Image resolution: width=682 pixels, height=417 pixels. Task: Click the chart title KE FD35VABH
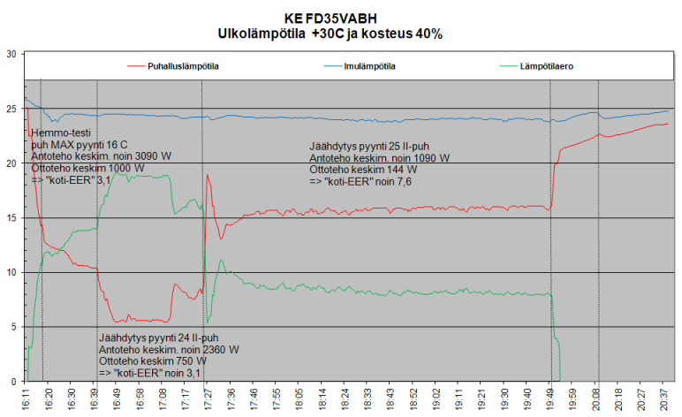pyautogui.click(x=330, y=19)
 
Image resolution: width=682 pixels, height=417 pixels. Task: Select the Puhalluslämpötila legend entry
pyautogui.click(x=173, y=66)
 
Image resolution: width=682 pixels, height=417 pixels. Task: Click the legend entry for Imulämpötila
pyautogui.click(x=360, y=66)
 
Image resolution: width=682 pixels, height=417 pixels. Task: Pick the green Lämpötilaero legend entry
pyautogui.click(x=537, y=66)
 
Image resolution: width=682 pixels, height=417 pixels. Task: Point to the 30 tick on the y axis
pyautogui.click(x=11, y=54)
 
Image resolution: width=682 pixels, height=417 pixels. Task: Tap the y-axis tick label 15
pyautogui.click(x=11, y=218)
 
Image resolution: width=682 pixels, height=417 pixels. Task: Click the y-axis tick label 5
pyautogui.click(x=14, y=327)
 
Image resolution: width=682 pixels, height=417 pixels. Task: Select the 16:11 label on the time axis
pyautogui.click(x=27, y=399)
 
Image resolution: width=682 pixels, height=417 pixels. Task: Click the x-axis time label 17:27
pyautogui.click(x=208, y=399)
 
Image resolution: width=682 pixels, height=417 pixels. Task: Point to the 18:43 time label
pyautogui.click(x=391, y=399)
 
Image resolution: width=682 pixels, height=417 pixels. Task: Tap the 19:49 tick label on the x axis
pyautogui.click(x=550, y=399)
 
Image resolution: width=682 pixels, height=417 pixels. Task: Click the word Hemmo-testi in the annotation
pyautogui.click(x=61, y=133)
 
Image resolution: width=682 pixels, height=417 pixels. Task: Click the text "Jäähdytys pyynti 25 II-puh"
pyautogui.click(x=369, y=147)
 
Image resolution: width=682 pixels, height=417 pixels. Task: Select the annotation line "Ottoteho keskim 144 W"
pyautogui.click(x=363, y=170)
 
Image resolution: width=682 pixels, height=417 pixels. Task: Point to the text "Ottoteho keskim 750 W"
pyautogui.click(x=153, y=361)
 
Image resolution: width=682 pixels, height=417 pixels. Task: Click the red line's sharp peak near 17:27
pyautogui.click(x=208, y=175)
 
